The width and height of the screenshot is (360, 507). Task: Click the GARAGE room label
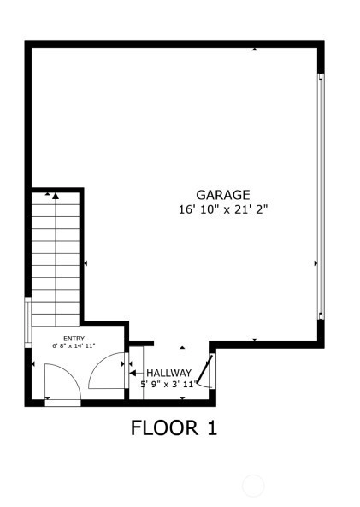tap(223, 195)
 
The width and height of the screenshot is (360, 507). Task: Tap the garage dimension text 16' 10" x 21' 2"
tap(223, 209)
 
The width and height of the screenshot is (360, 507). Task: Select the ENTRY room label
tap(74, 339)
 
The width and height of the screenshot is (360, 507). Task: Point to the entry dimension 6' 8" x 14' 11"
tap(74, 345)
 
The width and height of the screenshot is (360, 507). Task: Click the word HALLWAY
tap(168, 373)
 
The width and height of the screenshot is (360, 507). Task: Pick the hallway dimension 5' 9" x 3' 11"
tap(168, 384)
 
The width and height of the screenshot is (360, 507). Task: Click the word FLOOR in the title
tap(165, 427)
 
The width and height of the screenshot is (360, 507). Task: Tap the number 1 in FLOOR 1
tap(211, 427)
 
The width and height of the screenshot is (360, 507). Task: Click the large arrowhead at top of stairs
tap(56, 196)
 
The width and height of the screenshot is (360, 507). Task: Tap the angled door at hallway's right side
tap(205, 368)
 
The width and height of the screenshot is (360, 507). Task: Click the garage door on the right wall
tap(321, 197)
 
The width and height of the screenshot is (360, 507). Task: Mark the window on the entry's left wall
tap(28, 322)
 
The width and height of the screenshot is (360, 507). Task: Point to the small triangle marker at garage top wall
tap(255, 50)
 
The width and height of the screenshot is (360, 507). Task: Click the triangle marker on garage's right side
tap(316, 263)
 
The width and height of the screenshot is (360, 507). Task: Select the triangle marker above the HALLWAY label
tap(182, 348)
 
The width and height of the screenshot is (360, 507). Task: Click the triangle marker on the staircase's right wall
tap(86, 263)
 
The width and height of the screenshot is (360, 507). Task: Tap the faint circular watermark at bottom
tap(253, 486)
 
